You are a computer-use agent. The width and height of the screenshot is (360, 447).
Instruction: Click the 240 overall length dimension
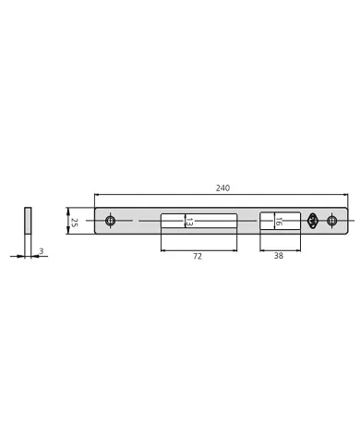(222, 187)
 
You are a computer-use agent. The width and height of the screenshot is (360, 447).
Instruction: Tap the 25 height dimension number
(74, 223)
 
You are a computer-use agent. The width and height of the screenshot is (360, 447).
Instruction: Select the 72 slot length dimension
(198, 256)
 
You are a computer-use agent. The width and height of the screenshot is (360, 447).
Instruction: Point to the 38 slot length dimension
(279, 256)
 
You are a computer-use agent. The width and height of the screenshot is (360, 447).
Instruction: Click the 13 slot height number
(189, 222)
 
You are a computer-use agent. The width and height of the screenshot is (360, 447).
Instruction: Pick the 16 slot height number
(279, 222)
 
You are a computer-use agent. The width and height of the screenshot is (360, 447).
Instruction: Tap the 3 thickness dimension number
(42, 251)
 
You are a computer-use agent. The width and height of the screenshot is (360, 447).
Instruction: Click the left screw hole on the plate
(110, 221)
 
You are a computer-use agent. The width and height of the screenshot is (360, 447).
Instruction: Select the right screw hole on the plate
(331, 221)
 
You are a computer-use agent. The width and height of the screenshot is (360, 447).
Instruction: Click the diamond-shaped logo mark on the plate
(312, 221)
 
